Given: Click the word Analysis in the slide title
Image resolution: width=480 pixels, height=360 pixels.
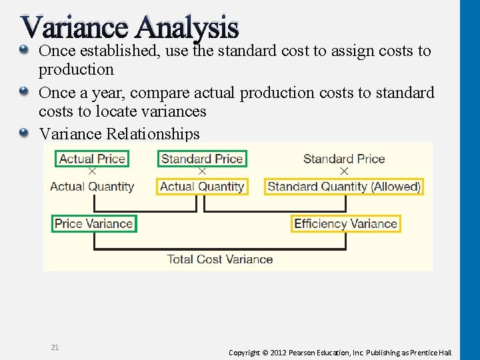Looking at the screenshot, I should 187,27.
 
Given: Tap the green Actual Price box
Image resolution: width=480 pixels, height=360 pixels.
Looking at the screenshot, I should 92,159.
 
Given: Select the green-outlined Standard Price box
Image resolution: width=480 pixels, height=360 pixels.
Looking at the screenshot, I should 202,159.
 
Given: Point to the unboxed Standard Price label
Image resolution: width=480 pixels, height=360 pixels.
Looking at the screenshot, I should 344,159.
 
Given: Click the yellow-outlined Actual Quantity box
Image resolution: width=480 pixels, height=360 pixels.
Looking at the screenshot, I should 202,187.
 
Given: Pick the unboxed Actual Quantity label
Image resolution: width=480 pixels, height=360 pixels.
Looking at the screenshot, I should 92,187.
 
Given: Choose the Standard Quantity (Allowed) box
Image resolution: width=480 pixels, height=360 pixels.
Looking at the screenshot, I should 344,187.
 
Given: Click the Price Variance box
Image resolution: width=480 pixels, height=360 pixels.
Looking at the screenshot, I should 94,224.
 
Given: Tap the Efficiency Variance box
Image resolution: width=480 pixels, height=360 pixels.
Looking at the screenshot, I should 345,224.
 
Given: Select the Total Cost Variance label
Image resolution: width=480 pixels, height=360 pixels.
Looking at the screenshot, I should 219,259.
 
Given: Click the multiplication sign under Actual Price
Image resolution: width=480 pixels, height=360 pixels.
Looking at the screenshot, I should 92,172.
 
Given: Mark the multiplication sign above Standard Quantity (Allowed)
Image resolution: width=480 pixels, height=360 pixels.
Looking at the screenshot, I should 344,172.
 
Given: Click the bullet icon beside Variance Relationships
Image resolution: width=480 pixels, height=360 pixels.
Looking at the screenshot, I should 24,133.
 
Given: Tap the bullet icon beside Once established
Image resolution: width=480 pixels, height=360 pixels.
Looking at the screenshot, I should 24,50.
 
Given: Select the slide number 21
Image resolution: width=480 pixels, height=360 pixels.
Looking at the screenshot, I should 55,347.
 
